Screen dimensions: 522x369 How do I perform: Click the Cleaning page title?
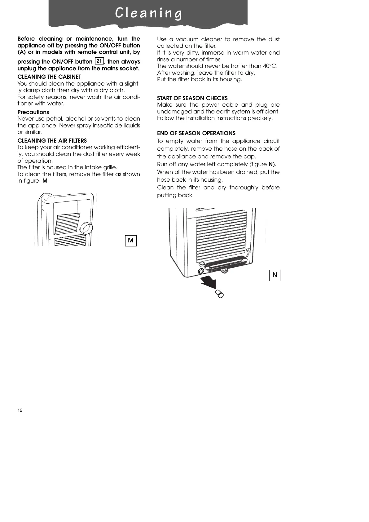coord(148,13)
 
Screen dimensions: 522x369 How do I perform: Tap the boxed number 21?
coord(99,61)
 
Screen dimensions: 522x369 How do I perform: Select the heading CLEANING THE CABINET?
coord(49,77)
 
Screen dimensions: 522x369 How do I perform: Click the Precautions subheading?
coord(33,112)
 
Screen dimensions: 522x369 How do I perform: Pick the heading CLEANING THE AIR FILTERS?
coord(52,141)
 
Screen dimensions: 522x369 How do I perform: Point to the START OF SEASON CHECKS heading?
coord(192,98)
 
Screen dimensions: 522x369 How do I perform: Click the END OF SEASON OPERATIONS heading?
coord(196,133)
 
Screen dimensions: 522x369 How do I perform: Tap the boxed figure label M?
coord(131,241)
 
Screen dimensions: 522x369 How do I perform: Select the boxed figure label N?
coord(275,275)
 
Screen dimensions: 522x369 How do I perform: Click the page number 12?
coord(20,410)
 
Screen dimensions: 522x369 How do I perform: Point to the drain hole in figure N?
coord(200,271)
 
